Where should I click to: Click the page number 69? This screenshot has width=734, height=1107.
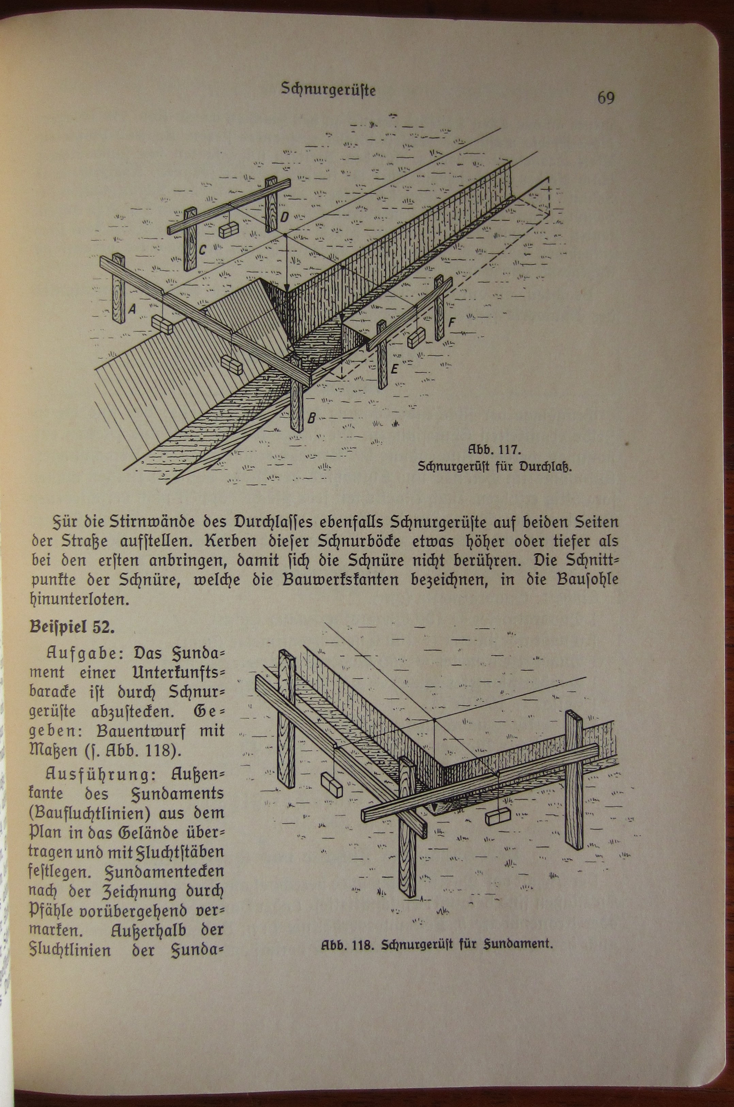point(605,98)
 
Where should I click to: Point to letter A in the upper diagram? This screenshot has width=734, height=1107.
point(132,308)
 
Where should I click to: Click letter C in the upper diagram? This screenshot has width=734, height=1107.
point(202,250)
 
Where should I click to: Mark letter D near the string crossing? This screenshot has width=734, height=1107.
point(285,217)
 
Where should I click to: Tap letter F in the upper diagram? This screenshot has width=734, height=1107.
point(451,322)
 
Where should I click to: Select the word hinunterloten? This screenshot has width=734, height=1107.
point(79,600)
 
